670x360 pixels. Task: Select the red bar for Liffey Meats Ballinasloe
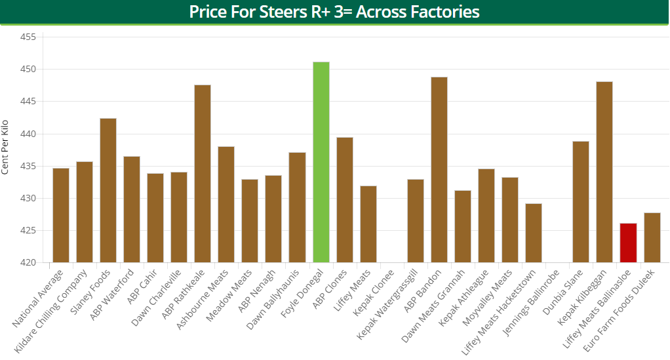click(x=628, y=243)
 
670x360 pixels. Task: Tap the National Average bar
click(x=61, y=215)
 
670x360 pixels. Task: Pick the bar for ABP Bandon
click(x=439, y=170)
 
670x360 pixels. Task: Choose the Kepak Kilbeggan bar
click(x=604, y=172)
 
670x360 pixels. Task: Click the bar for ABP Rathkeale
click(x=203, y=174)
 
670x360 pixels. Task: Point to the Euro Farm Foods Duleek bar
click(x=652, y=237)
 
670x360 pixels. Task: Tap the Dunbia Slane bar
click(x=581, y=202)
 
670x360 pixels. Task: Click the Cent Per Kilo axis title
click(x=5, y=147)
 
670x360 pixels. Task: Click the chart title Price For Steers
click(x=334, y=12)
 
